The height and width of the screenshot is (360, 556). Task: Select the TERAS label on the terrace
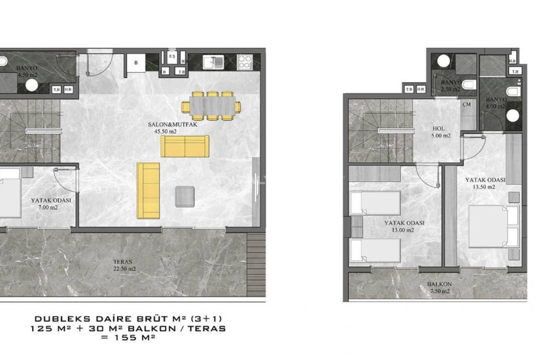coord(123,261)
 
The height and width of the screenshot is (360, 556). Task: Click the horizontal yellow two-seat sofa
coord(185,147)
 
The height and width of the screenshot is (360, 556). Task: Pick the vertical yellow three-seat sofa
coord(148,190)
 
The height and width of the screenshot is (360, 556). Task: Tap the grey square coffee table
coord(185,196)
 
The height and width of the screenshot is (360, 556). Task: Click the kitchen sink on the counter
coord(214,62)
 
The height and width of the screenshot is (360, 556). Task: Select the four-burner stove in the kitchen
coord(245,62)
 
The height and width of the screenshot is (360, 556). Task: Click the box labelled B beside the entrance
coord(135,63)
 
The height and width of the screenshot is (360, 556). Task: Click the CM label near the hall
coord(467,104)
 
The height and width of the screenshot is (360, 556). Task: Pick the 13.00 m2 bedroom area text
coord(402,230)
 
